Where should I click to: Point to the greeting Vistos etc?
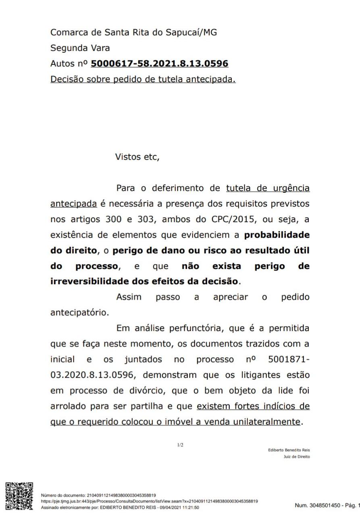[138, 157]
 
